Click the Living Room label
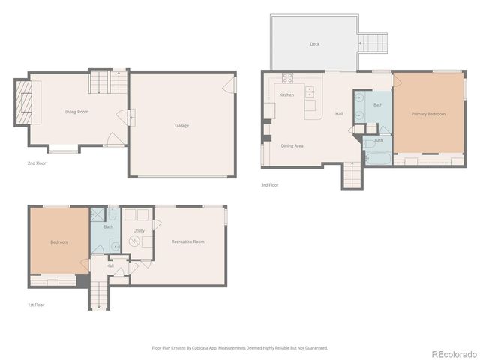76,112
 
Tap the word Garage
181,125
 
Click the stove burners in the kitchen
287,79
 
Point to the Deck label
314,44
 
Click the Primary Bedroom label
427,114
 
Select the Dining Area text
292,145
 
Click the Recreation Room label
187,241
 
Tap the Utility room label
139,230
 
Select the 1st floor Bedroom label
59,242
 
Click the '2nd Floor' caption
35,162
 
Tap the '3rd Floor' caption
270,184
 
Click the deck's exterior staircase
373,42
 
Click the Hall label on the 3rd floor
339,114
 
